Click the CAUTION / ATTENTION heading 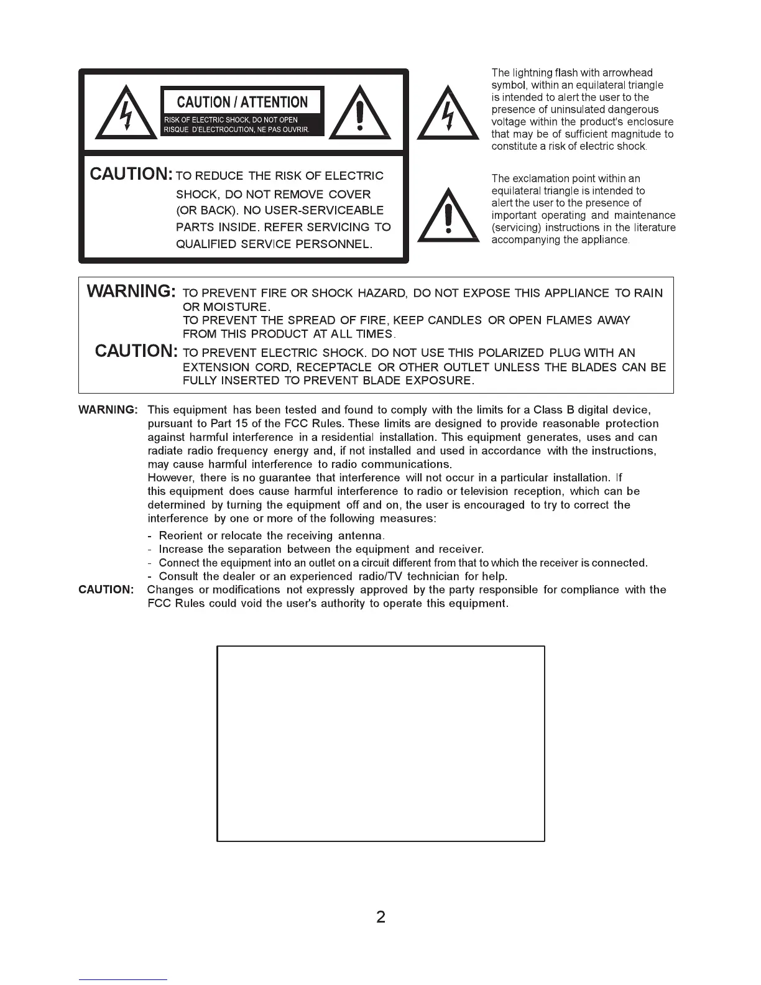242,102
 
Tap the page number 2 380,917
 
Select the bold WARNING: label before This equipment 108,410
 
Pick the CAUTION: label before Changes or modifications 106,590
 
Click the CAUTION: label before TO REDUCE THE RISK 131,174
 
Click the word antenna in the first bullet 360,536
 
